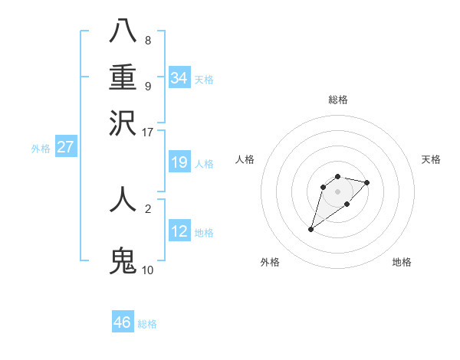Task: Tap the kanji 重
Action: [123, 78]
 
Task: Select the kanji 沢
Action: [123, 123]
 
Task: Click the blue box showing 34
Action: [179, 77]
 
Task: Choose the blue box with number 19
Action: [179, 162]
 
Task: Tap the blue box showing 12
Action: [179, 231]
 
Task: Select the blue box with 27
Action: [65, 147]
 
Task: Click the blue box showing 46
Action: [123, 322]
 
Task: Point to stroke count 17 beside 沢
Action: [148, 132]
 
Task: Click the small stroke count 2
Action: [148, 208]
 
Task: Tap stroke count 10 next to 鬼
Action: [148, 270]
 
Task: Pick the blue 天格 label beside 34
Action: [204, 80]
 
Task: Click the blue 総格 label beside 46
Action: [147, 324]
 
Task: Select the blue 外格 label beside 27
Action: [41, 149]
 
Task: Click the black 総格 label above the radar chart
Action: [338, 100]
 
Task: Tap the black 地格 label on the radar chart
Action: [402, 263]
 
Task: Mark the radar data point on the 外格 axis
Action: [311, 229]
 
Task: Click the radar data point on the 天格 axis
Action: [367, 182]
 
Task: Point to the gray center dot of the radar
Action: [337, 191]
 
